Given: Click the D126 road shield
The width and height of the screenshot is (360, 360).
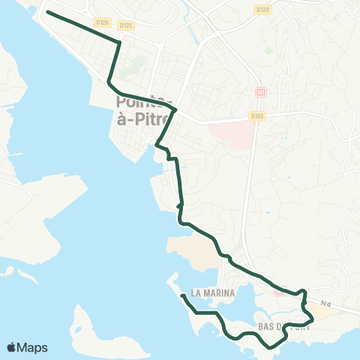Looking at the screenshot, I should pos(103,22).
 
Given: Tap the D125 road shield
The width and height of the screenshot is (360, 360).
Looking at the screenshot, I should pos(126,25).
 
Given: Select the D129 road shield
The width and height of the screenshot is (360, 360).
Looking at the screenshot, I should pos(262,10).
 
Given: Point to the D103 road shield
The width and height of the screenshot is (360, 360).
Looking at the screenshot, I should pos(257,117).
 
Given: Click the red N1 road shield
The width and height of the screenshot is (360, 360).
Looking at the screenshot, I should pos(261,92).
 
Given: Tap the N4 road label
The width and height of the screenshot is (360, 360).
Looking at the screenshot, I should pos(324,304).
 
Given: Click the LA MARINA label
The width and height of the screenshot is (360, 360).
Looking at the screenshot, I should pos(213,292).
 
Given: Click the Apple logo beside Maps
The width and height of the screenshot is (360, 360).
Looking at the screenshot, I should pos(13,347).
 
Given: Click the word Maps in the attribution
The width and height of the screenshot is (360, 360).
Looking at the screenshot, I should pos(34,347).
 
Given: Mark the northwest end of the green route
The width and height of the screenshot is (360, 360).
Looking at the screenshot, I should pos(48,12).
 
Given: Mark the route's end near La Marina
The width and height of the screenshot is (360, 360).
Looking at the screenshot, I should pos(183,295).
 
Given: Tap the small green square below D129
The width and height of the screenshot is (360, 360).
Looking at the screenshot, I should pos(268,51).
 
